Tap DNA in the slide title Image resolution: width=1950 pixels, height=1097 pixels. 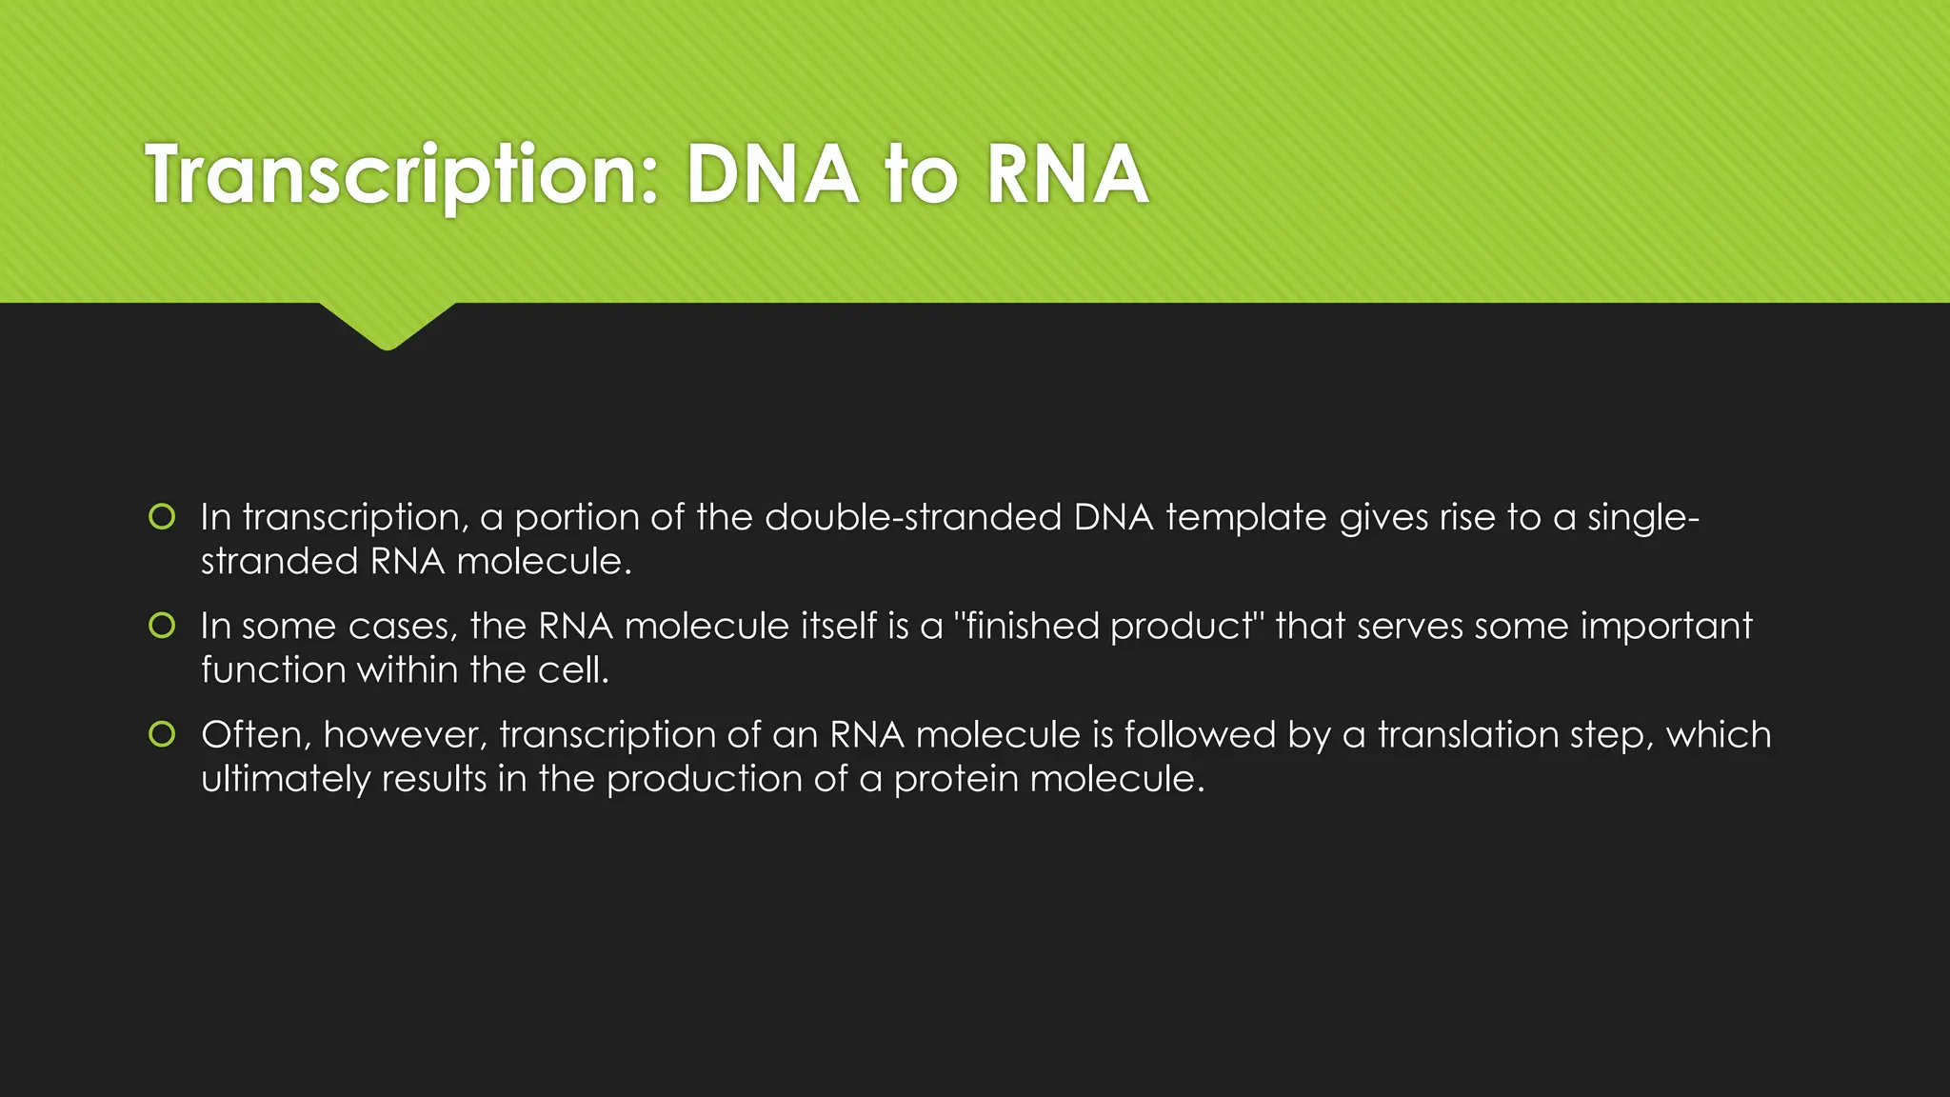coord(771,175)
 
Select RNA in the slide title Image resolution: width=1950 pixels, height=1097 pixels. coord(1066,175)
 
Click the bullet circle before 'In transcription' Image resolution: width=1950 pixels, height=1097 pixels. coord(162,517)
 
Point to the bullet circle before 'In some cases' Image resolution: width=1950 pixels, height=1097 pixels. coord(162,626)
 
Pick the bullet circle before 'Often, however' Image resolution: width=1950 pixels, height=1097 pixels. coord(162,734)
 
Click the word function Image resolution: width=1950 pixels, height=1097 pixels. coord(273,669)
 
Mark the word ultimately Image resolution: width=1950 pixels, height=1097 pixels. coord(285,778)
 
